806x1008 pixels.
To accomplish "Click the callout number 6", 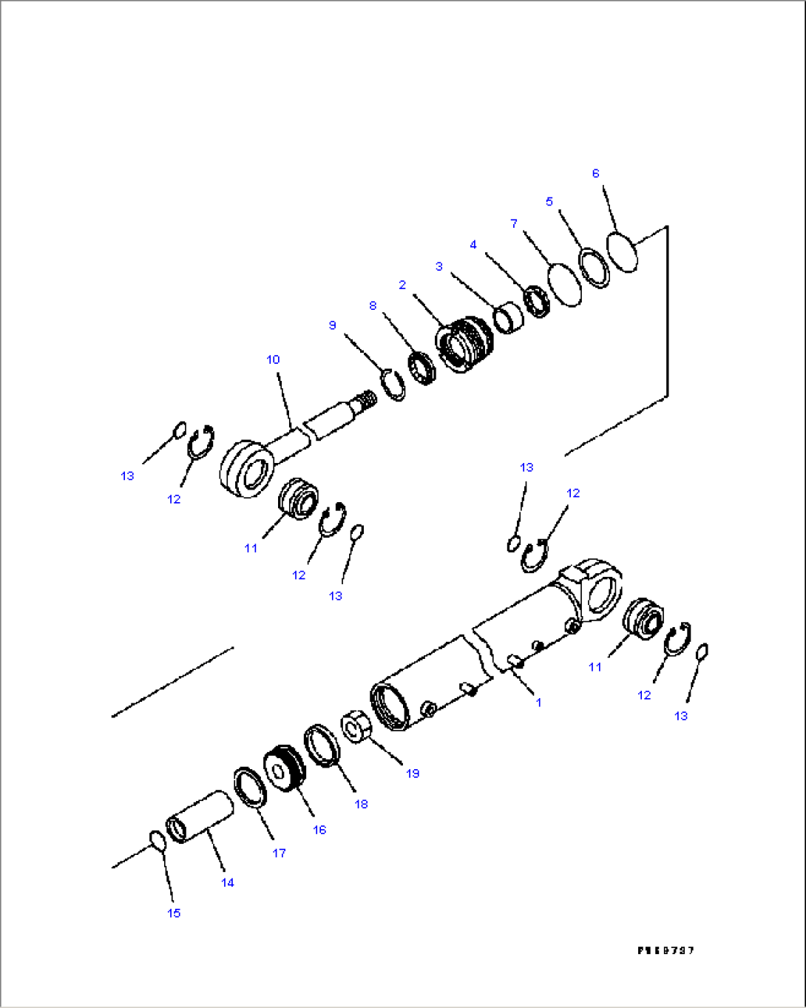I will [x=595, y=174].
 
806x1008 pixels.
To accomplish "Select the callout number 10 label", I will [x=273, y=359].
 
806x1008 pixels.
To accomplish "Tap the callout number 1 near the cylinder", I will [x=538, y=702].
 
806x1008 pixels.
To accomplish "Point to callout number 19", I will [x=412, y=773].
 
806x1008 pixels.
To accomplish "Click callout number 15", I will [x=174, y=913].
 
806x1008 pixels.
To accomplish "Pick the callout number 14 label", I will [x=228, y=882].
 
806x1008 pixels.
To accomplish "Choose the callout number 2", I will [x=402, y=285].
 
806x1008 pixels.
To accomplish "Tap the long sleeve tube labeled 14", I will [x=201, y=816].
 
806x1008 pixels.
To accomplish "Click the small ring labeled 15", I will [x=157, y=839].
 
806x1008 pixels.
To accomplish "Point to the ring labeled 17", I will [x=250, y=787].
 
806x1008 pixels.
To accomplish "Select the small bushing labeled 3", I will [x=509, y=317].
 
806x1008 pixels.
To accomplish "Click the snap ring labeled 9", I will [x=393, y=385].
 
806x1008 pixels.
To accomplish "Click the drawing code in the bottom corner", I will [x=666, y=950].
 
